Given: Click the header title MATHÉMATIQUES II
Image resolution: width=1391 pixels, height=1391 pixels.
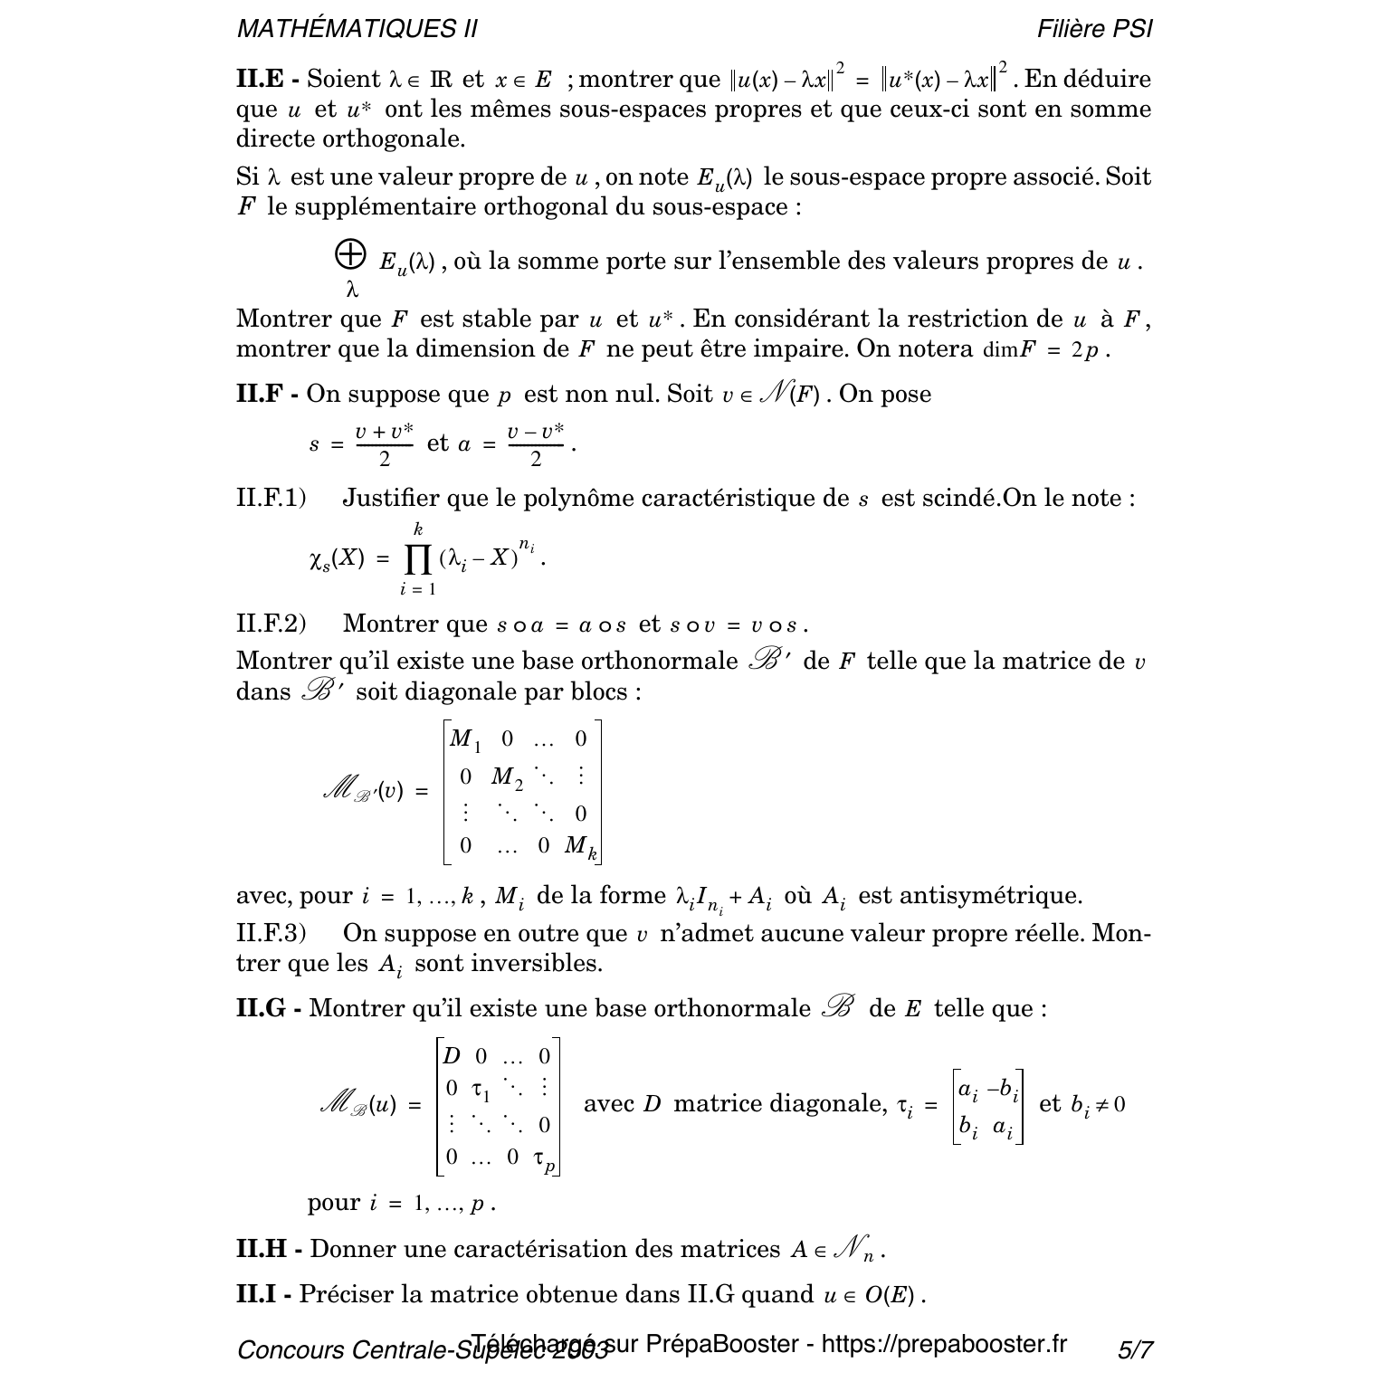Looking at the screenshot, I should coord(357,29).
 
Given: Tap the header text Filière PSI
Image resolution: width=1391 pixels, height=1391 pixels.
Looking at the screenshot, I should coord(1095,29).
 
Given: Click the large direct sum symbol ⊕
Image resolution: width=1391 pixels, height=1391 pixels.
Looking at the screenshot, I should coord(350,255).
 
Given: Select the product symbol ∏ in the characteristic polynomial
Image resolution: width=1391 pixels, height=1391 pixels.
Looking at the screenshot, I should coord(417,559).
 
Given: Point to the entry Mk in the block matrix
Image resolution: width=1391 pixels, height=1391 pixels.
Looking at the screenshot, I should coord(580,847).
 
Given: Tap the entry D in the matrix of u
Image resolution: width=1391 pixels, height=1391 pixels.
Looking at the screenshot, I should coord(452,1056).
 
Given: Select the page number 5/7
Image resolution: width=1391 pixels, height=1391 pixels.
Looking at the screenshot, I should coord(1135,1350).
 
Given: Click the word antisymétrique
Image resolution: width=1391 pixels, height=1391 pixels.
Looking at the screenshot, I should coord(970,896).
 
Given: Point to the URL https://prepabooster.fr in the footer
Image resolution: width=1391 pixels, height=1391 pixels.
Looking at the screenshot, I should coord(944,1344).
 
